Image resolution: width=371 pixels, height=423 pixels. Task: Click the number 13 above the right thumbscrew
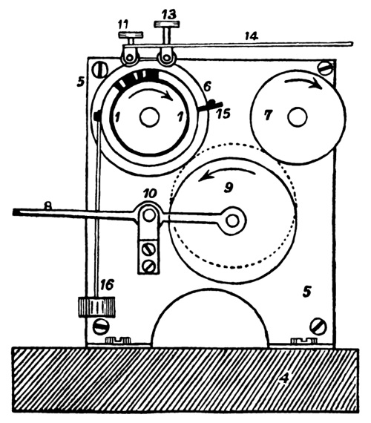point(169,14)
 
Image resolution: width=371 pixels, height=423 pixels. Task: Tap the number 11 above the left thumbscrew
point(124,25)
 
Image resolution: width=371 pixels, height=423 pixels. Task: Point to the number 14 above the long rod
point(252,36)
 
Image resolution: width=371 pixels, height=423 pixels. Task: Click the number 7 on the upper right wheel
point(267,116)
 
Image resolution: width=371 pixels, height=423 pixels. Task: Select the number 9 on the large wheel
point(229,187)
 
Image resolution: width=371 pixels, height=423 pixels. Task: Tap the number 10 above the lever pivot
point(151,193)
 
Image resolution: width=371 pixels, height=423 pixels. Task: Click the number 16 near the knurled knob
point(107,285)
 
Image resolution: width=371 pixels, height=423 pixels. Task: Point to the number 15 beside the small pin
point(223,114)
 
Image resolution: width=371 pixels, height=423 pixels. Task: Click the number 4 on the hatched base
point(284,378)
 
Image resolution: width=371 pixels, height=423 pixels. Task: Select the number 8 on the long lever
point(47,206)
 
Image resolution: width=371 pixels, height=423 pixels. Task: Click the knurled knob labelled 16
point(96,307)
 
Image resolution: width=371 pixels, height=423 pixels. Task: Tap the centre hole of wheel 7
point(298,117)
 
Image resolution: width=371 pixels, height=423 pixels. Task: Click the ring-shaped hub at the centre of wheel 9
point(232,220)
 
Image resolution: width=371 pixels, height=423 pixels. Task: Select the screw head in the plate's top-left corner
point(100,70)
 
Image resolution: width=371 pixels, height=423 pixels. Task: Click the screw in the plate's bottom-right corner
point(318,327)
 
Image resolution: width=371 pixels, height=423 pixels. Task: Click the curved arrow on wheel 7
point(303,80)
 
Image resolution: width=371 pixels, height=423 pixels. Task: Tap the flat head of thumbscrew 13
point(167,24)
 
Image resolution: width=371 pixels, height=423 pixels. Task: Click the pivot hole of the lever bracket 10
point(148,215)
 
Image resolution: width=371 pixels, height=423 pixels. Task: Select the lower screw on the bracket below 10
point(148,266)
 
